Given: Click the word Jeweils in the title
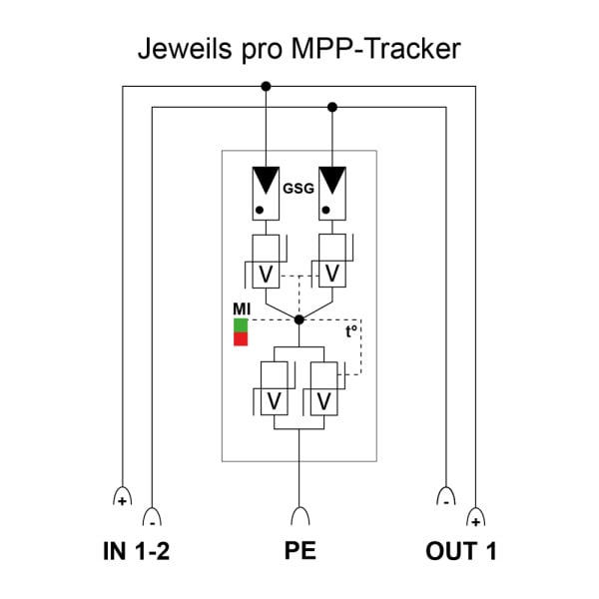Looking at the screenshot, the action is [185, 49].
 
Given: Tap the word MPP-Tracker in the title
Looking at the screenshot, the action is [375, 49].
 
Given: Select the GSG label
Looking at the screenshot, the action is [299, 189].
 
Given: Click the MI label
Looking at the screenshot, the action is [242, 309].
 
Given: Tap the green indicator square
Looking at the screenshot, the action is [241, 325].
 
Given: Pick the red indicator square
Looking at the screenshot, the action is [241, 338].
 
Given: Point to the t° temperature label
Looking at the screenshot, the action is [351, 331].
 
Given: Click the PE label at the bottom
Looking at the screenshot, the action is [300, 550].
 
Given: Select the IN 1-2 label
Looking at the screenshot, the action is [136, 551].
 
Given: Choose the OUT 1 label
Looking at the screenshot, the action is [461, 551].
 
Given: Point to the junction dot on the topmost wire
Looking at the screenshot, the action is [266, 86].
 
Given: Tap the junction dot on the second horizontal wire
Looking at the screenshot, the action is [332, 108].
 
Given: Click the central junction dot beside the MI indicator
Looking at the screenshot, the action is [299, 319].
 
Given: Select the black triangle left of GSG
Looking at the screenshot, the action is [266, 180].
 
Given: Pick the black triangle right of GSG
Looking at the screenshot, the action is [332, 180].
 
